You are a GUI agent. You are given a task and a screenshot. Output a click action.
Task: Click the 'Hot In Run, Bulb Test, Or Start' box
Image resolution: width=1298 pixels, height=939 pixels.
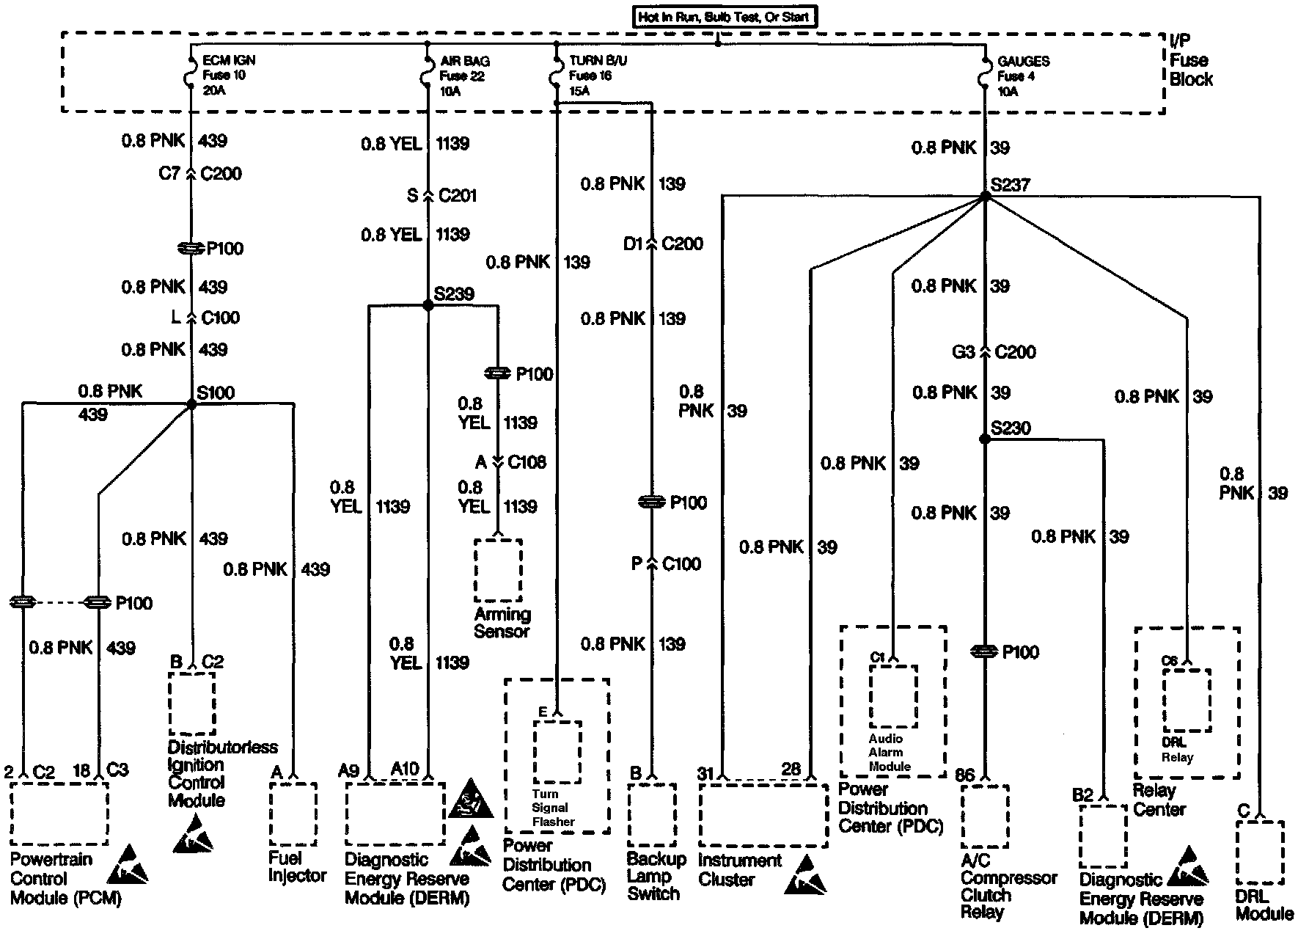click(725, 17)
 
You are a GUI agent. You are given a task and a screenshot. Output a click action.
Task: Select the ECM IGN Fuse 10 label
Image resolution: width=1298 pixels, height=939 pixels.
click(228, 75)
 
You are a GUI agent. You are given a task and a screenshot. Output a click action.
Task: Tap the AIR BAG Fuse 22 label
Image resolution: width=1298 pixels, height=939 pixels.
click(464, 76)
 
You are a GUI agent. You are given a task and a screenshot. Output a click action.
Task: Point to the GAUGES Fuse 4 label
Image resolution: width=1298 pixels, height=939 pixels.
click(1022, 76)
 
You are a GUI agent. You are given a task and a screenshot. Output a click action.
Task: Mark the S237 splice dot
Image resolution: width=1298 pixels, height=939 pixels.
click(985, 196)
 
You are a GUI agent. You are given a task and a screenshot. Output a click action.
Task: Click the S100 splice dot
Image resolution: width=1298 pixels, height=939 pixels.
click(191, 403)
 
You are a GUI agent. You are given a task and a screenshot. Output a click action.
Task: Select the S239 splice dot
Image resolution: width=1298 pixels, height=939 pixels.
click(428, 305)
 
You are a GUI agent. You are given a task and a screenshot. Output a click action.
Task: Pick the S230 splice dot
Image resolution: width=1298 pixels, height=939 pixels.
click(985, 439)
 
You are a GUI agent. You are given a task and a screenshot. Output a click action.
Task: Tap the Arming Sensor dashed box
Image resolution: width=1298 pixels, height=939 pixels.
click(499, 570)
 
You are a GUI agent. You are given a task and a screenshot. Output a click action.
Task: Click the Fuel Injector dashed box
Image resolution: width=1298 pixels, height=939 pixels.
click(293, 814)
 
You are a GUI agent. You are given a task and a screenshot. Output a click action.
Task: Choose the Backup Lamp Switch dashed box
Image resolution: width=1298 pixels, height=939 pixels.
click(652, 814)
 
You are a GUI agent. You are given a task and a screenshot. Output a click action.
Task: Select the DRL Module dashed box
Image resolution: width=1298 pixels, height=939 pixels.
click(1260, 852)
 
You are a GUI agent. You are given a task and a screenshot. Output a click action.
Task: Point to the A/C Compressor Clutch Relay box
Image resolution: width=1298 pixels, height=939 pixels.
click(985, 816)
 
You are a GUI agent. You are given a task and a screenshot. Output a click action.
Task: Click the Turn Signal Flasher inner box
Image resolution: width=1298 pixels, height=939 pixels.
click(557, 752)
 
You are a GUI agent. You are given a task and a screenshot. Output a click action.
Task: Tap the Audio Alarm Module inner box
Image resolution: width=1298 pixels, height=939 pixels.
click(893, 696)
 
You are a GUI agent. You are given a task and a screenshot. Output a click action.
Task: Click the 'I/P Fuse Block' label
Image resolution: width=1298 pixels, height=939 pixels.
click(1190, 60)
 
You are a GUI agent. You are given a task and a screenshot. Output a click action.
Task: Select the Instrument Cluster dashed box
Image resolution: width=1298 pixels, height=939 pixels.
click(763, 814)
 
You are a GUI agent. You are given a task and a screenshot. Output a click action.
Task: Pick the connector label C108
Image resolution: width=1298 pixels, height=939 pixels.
click(527, 462)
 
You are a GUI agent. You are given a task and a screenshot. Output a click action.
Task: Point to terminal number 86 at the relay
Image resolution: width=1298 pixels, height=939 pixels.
click(966, 774)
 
